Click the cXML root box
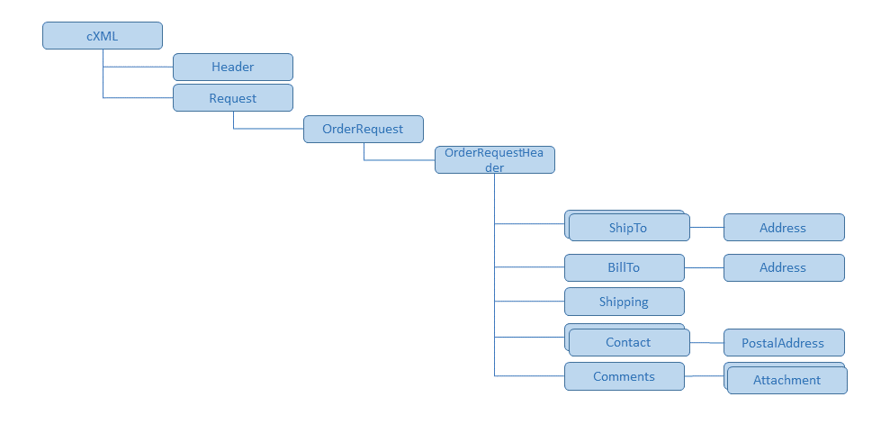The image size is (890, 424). click(x=103, y=36)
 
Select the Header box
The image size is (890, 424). click(x=233, y=67)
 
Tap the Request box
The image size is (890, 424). click(x=233, y=98)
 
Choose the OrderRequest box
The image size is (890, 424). click(x=363, y=129)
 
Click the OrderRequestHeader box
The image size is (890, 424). click(x=494, y=160)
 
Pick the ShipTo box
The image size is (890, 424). click(x=628, y=228)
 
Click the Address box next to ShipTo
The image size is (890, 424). click(x=783, y=228)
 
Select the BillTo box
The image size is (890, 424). click(x=624, y=267)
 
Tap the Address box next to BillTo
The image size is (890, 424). click(x=783, y=267)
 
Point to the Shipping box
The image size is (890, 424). click(x=624, y=302)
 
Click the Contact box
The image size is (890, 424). click(x=628, y=342)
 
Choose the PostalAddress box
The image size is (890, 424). click(x=783, y=343)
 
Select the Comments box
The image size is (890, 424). click(x=624, y=376)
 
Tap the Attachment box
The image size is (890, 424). click(x=787, y=380)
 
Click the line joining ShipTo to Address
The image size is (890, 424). click(x=706, y=228)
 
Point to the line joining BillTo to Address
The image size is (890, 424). click(x=704, y=267)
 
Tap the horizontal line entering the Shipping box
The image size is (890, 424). click(x=529, y=302)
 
